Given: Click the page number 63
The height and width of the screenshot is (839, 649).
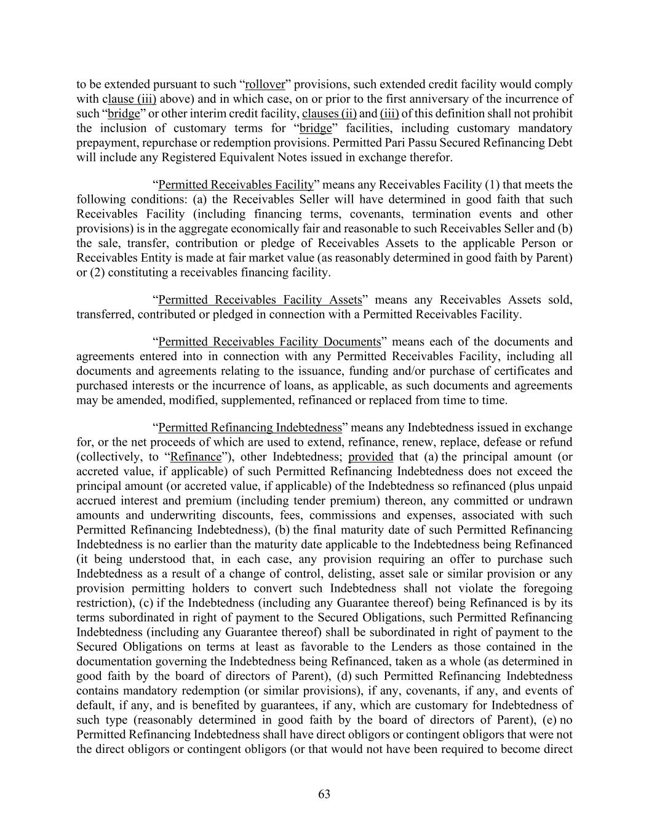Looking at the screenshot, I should tap(324, 794).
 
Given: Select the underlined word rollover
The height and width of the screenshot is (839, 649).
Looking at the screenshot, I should tap(265, 84).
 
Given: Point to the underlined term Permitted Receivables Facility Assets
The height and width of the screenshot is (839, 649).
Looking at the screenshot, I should tap(260, 300).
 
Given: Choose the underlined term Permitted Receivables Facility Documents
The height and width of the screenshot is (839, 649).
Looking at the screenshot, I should tap(269, 342).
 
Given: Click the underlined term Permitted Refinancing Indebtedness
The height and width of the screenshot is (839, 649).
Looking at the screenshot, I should tap(250, 427).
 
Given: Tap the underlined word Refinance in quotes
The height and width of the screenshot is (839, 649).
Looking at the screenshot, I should tap(196, 457).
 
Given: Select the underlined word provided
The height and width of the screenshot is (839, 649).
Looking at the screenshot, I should tap(370, 457).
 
